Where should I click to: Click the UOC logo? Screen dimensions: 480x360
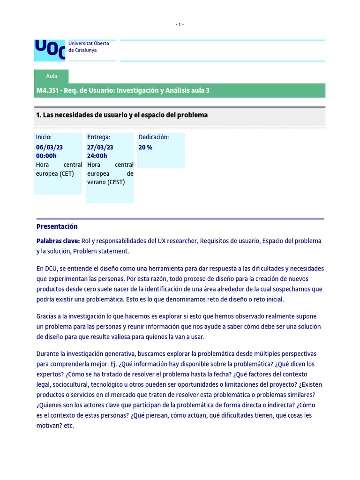pyautogui.click(x=50, y=51)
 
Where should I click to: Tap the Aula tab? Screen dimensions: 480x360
pyautogui.click(x=52, y=76)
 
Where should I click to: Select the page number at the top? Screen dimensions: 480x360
pyautogui.click(x=180, y=25)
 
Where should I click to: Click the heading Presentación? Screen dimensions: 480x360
pyautogui.click(x=57, y=226)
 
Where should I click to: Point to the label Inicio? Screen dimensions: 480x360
pyautogui.click(x=44, y=137)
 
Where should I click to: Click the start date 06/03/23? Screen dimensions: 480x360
pyautogui.click(x=49, y=147)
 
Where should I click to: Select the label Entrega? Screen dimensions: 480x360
pyautogui.click(x=98, y=137)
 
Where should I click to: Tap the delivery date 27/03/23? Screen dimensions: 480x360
pyautogui.click(x=100, y=147)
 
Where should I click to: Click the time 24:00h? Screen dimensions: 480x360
pyautogui.click(x=97, y=156)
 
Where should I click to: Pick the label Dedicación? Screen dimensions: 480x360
pyautogui.click(x=154, y=137)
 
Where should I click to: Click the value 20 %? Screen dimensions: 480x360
pyautogui.click(x=145, y=147)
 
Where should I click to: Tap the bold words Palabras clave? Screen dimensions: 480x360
pyautogui.click(x=58, y=241)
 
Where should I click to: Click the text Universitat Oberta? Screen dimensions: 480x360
pyautogui.click(x=89, y=44)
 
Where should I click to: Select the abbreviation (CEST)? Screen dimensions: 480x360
pyautogui.click(x=116, y=182)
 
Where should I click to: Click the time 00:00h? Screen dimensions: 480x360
pyautogui.click(x=46, y=156)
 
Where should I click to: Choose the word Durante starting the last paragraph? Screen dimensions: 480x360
pyautogui.click(x=48, y=353)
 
